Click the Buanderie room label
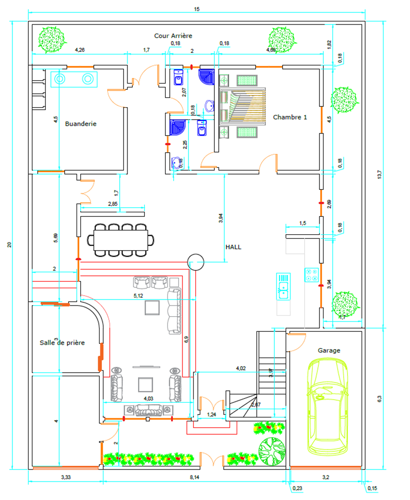81,124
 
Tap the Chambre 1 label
290,117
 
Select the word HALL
233,247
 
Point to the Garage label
329,350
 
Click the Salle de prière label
62,343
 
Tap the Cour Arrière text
173,36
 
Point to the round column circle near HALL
196,262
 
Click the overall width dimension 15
197,9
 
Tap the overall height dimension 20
9,245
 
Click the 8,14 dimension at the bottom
195,477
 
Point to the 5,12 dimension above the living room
138,296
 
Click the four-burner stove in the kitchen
312,275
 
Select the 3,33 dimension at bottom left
66,477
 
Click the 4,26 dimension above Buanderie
80,50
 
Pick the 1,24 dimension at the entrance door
211,415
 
